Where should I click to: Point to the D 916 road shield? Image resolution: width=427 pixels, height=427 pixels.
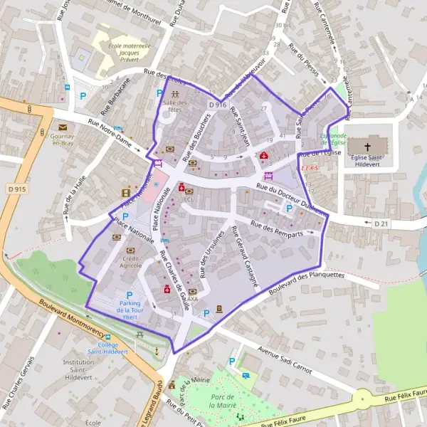218,105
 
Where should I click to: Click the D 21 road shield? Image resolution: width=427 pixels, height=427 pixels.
381,223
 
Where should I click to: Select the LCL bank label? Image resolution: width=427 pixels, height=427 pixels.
189,200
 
